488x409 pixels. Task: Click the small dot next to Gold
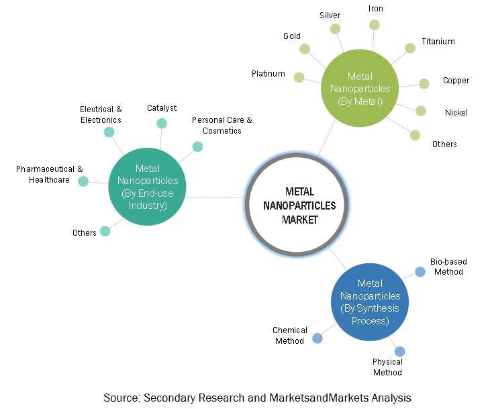pyautogui.click(x=305, y=48)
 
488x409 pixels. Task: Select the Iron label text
pyautogui.click(x=376, y=9)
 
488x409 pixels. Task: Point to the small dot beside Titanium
pyautogui.click(x=410, y=48)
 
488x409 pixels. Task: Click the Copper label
pyautogui.click(x=456, y=81)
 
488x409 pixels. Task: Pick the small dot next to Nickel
pyautogui.click(x=421, y=111)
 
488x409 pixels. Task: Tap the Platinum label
pyautogui.click(x=269, y=74)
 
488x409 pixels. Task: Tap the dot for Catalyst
pyautogui.click(x=162, y=123)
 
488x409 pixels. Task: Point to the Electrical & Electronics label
pyautogui.click(x=101, y=114)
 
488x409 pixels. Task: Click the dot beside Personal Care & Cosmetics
pyautogui.click(x=197, y=146)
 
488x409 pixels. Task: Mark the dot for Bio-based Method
pyautogui.click(x=420, y=271)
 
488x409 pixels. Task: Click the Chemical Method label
pyautogui.click(x=290, y=335)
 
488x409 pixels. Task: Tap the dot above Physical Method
pyautogui.click(x=400, y=351)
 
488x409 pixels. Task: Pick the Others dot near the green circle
pyautogui.click(x=416, y=135)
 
